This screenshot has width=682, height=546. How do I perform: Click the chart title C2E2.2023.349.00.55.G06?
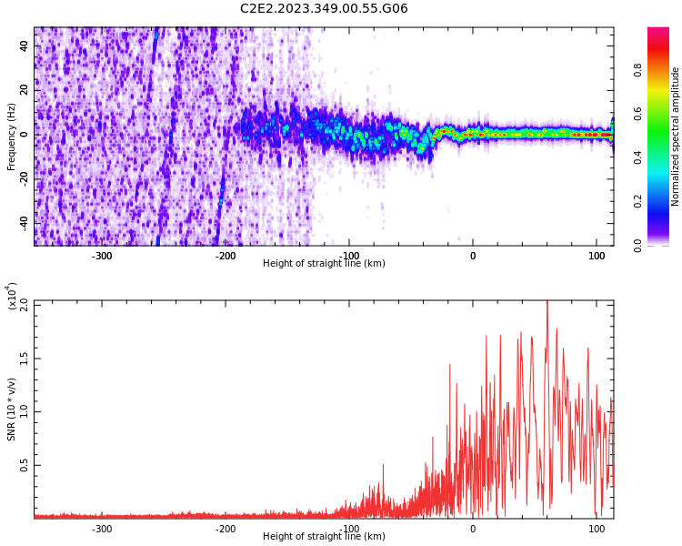tap(324, 9)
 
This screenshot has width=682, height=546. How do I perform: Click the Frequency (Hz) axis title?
tap(12, 136)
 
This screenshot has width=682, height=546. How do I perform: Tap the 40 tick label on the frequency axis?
tap(24, 45)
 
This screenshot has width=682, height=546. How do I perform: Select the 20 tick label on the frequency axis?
tap(24, 90)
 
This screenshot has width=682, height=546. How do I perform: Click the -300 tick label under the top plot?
tap(102, 256)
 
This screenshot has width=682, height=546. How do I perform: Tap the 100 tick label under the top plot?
tap(597, 256)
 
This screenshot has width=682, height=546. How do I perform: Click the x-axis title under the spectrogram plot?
tap(324, 264)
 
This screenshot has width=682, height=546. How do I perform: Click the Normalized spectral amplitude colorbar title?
tap(676, 136)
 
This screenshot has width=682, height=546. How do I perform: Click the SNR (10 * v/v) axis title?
tap(12, 409)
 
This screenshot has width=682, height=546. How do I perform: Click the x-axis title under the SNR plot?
tap(324, 537)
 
